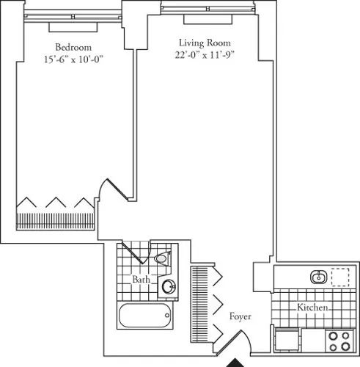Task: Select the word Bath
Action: (142, 280)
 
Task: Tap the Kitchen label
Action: (312, 308)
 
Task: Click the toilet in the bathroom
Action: (162, 258)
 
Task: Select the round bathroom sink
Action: (169, 287)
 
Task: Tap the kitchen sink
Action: (318, 277)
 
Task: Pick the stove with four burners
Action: (338, 341)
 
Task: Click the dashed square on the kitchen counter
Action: (339, 277)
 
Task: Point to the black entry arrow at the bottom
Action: (236, 362)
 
